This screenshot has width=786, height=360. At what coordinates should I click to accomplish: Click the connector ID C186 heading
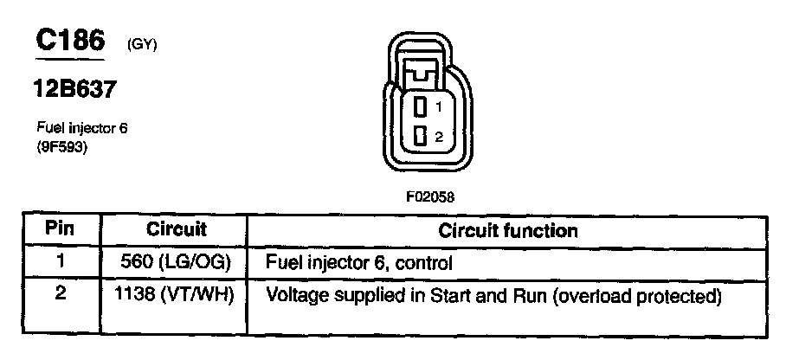[69, 41]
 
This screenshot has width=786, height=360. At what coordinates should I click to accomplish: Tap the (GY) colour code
[142, 45]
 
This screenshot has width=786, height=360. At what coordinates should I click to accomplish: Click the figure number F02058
[429, 196]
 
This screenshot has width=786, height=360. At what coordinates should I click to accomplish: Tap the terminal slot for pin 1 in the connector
[420, 108]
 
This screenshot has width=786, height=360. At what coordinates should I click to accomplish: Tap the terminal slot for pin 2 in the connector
[420, 136]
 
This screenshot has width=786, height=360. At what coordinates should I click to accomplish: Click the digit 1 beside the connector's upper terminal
[439, 108]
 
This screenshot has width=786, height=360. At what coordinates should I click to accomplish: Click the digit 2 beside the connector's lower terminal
[439, 137]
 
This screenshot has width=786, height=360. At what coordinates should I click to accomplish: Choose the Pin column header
[60, 231]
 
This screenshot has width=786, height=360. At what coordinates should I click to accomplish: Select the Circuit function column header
[508, 231]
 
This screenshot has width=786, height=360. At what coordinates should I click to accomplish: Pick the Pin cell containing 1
[60, 260]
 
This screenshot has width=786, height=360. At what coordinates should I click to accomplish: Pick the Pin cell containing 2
[60, 294]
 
